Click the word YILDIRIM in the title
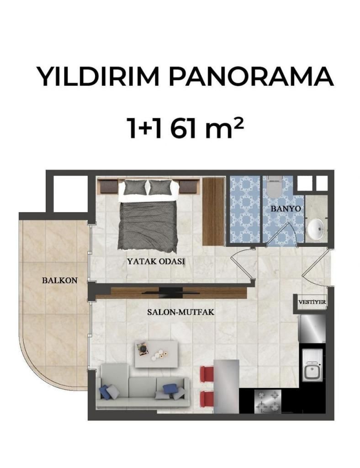click(98, 77)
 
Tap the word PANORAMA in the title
click(251, 77)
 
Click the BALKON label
click(60, 281)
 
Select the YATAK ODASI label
click(156, 261)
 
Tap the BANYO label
click(286, 208)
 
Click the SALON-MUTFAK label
click(181, 312)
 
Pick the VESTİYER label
click(312, 302)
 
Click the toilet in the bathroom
click(275, 187)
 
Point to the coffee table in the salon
click(156, 354)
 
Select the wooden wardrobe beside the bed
click(213, 212)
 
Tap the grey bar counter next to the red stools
click(227, 387)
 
